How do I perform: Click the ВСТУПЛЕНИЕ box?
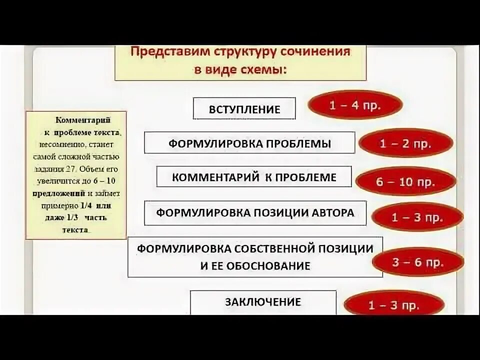tap(244, 108)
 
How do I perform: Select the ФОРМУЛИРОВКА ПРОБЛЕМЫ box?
tap(249, 143)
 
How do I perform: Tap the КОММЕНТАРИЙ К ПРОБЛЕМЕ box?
tap(254, 177)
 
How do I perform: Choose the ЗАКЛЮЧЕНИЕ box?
tap(262, 302)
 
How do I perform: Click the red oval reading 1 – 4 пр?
tap(355, 105)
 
